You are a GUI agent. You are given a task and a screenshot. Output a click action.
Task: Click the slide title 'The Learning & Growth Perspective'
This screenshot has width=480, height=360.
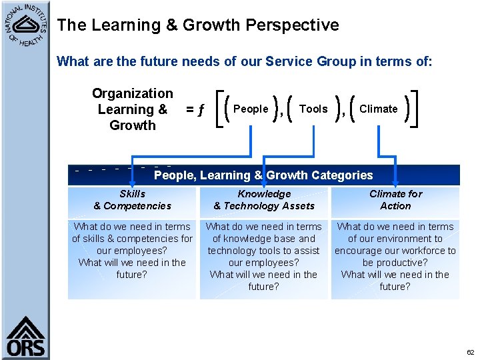coord(198,25)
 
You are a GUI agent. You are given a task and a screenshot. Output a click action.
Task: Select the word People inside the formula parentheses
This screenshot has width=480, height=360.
coord(251,109)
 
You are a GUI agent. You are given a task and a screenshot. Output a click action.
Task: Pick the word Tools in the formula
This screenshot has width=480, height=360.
coord(313,109)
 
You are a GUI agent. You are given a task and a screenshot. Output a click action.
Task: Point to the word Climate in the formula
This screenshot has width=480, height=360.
coord(378,109)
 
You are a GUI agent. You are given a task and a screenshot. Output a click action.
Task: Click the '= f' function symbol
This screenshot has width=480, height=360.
coord(195,109)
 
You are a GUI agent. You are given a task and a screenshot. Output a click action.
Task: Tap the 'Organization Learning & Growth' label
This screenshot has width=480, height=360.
coord(132,109)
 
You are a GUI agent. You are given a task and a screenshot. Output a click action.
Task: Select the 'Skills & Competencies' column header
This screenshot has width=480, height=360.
coord(132,200)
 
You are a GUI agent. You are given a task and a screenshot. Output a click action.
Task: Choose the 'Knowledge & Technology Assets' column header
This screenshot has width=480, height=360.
coord(264,200)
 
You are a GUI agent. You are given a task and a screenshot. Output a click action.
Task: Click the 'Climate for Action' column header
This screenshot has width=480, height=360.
coord(395,200)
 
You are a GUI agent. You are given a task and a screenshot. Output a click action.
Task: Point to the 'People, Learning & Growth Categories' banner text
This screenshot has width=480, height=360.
coord(263,175)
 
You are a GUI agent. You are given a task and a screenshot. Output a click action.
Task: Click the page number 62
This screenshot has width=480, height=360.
coord(470,352)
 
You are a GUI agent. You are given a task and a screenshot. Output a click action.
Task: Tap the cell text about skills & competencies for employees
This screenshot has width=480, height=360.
coord(132,251)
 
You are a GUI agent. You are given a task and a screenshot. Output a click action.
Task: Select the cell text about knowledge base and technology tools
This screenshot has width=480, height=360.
coord(264,257)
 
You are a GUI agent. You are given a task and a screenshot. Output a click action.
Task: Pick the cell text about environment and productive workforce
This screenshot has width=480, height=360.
coord(395,257)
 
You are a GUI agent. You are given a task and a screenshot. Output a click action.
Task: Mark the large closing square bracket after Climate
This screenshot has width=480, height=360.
coord(416,109)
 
